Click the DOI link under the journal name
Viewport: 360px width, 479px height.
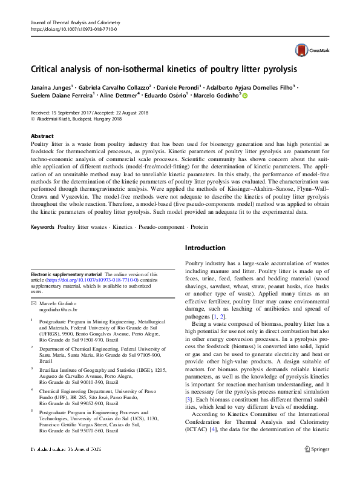pos(73,29)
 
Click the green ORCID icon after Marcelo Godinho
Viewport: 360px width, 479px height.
pos(246,95)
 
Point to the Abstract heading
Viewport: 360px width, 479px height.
pos(42,136)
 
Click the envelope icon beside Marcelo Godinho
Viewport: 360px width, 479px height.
pos(34,303)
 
